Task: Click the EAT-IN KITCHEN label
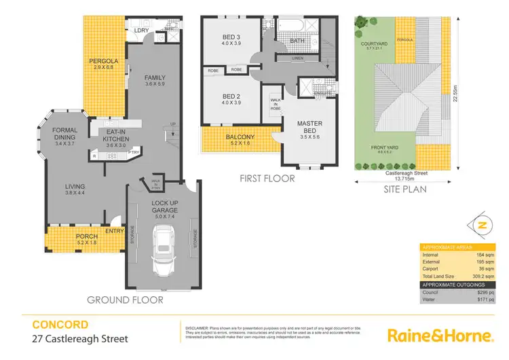(x=115, y=137)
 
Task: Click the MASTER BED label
(x=309, y=127)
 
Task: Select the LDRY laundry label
(x=141, y=31)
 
